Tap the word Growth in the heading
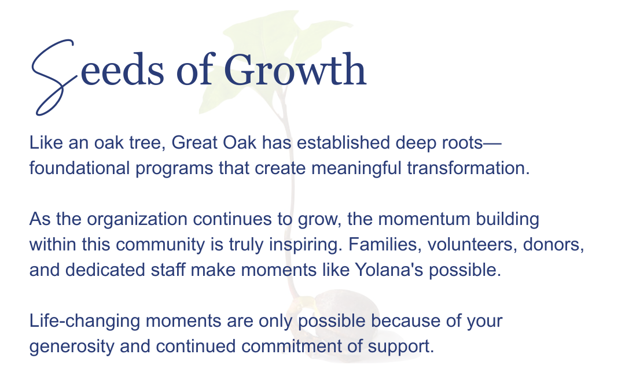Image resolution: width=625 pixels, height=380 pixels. (295, 69)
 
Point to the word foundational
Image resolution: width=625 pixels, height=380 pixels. (80, 168)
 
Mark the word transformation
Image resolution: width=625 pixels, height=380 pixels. (468, 168)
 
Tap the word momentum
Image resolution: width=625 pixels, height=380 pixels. (424, 220)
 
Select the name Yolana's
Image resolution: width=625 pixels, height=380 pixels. (389, 270)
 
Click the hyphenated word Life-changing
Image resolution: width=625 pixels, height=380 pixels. (84, 322)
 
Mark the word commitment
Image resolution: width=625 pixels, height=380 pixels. (291, 346)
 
